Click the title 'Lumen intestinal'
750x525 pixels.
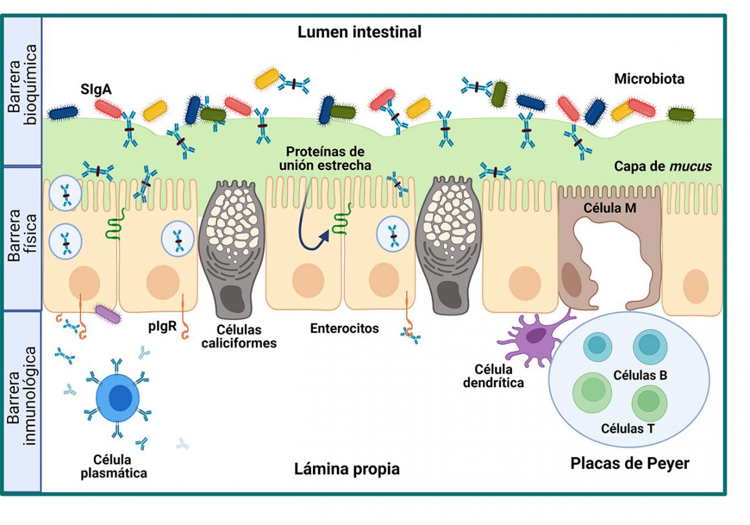[359, 32]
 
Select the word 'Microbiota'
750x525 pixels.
[649, 79]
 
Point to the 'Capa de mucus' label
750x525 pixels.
[663, 166]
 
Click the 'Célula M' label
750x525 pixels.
[610, 208]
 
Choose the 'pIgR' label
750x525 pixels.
[162, 326]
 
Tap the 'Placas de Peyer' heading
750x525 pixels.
[629, 463]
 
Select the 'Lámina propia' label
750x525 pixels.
[347, 469]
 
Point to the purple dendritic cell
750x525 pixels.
[535, 336]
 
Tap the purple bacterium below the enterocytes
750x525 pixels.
[108, 314]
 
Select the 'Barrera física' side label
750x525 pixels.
[21, 235]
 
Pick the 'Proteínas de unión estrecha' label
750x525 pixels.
[325, 158]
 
